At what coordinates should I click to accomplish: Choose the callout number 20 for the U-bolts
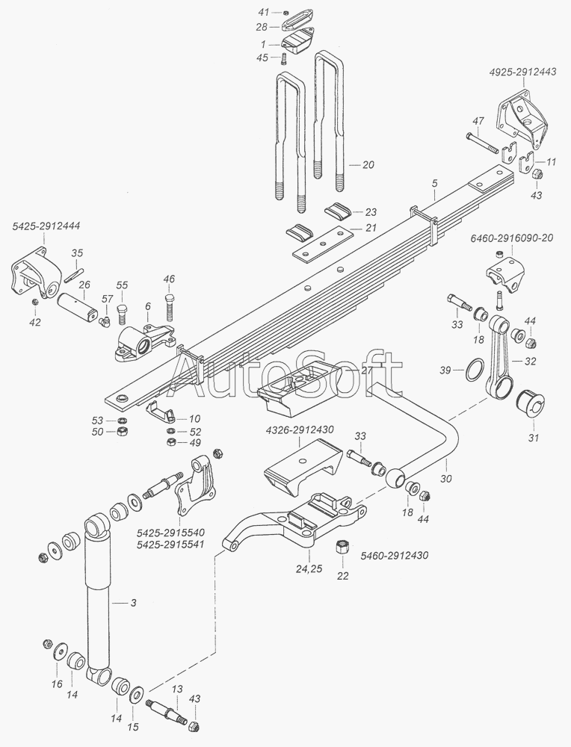tap(368, 164)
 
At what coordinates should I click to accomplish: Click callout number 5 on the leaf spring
tap(433, 184)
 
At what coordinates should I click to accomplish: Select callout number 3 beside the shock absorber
tap(133, 601)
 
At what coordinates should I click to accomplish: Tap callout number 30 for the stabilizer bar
tap(446, 479)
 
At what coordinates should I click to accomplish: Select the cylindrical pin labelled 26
tap(79, 306)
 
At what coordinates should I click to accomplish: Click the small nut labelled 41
tap(288, 13)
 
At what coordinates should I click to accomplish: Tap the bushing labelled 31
tap(533, 403)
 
